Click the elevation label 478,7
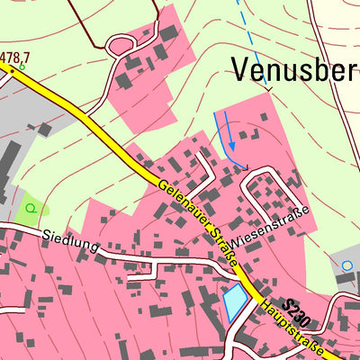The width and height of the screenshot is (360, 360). (x=13, y=58)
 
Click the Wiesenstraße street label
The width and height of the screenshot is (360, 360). (x=269, y=227)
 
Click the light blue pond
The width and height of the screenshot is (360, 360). (x=235, y=301)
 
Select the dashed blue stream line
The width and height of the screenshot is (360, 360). (x=253, y=45)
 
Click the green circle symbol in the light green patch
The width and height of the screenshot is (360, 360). (x=31, y=208)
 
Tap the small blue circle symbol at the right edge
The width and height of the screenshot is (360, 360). (x=347, y=265)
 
